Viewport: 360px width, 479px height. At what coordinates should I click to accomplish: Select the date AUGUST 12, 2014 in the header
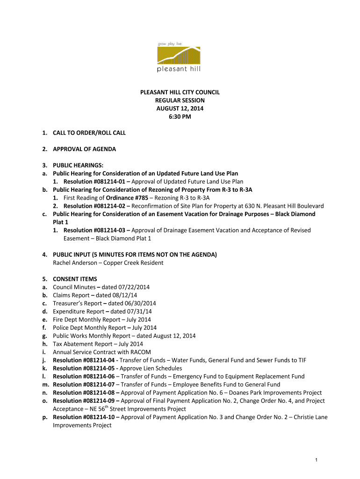click(x=180, y=109)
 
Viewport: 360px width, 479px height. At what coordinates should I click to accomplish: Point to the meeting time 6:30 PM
click(x=180, y=116)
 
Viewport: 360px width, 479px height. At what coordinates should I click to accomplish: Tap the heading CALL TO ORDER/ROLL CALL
click(x=89, y=133)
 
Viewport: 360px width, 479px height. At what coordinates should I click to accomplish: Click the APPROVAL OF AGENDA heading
click(x=84, y=149)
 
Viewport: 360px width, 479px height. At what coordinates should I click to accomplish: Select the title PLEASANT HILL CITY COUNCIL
click(x=180, y=92)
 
